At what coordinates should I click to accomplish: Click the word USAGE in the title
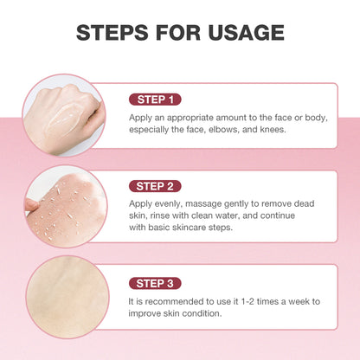[x=245, y=33]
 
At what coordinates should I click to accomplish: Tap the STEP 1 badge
[x=156, y=99]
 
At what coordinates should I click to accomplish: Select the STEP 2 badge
[x=156, y=185]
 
